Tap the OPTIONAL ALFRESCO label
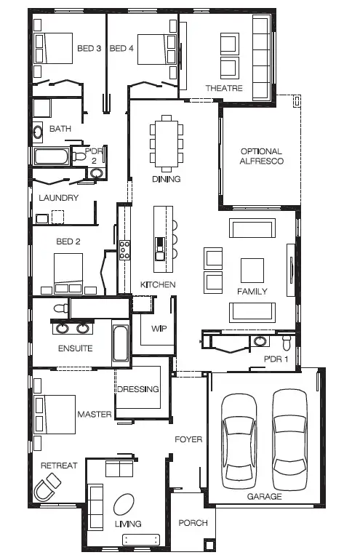click(261, 156)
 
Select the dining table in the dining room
click(167, 141)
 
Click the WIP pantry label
click(159, 329)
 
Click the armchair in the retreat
click(49, 485)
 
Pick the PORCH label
click(193, 523)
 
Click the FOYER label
click(188, 439)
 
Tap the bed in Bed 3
click(55, 49)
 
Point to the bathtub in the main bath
click(52, 156)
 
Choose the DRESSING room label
click(138, 389)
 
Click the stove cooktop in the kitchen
click(125, 250)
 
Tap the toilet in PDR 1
click(286, 340)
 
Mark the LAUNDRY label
click(58, 198)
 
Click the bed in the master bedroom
click(55, 414)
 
